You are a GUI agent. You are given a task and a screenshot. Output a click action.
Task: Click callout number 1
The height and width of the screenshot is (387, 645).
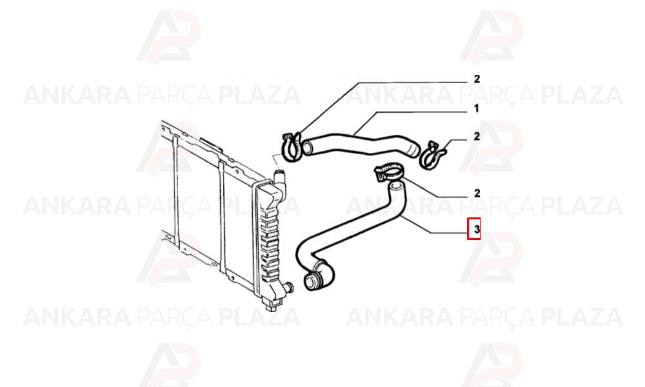tap(477, 108)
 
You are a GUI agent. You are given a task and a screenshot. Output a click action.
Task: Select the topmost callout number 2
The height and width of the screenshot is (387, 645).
tap(477, 79)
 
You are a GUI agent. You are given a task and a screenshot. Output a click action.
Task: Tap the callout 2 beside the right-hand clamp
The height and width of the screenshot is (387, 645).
tap(477, 136)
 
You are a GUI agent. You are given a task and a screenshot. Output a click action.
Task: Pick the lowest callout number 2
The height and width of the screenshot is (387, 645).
tap(477, 193)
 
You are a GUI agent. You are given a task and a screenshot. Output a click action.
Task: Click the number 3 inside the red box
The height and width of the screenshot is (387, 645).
tap(477, 229)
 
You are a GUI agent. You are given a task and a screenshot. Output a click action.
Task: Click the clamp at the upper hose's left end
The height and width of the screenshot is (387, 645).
tap(292, 146)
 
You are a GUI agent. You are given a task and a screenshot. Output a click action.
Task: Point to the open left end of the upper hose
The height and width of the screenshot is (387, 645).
tap(307, 148)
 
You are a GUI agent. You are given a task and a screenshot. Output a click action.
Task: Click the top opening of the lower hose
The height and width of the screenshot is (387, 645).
tap(396, 187)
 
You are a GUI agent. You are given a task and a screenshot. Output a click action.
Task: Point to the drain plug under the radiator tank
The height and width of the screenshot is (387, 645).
tap(272, 306)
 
